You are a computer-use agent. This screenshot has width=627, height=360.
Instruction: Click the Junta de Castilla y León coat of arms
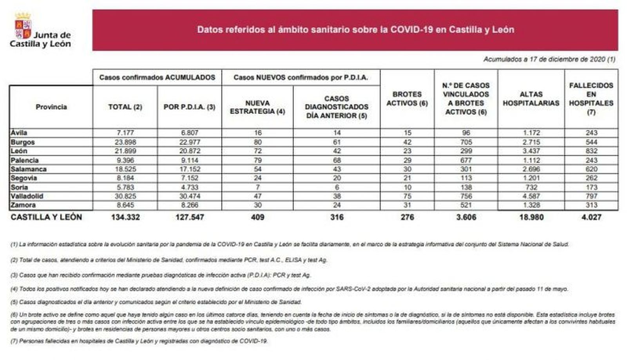pos(23,26)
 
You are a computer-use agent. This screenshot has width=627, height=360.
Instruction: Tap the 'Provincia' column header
pos(51,107)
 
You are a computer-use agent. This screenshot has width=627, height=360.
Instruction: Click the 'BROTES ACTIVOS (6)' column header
pos(407,99)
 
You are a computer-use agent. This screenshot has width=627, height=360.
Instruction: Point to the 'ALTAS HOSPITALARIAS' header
pos(531,99)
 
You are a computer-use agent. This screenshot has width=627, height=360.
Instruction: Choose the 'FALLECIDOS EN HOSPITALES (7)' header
pos(591,99)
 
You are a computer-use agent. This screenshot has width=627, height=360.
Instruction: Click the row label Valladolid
pos(27,196)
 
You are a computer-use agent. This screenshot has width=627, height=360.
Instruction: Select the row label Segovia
pos(24,178)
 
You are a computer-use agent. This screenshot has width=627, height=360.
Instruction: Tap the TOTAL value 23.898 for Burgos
pos(125,142)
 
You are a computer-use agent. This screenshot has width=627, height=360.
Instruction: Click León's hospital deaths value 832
pos(591,151)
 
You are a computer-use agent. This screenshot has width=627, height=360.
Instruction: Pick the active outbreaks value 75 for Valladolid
pos(407,196)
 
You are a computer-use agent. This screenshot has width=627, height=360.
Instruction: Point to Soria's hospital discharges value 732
pos(531,187)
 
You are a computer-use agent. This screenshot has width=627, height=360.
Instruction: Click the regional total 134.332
pos(125,217)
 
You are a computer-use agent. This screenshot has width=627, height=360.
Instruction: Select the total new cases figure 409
pos(257,217)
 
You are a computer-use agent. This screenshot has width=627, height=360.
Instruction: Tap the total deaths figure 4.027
pos(591,217)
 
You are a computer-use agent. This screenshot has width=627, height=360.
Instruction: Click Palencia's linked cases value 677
pos(466,160)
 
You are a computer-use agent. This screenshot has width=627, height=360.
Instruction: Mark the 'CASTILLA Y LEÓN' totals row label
pos(46,217)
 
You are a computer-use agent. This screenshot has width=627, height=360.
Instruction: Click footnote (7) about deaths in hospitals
pos(139,341)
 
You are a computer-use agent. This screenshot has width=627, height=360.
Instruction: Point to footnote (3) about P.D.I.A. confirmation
pos(161,275)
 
